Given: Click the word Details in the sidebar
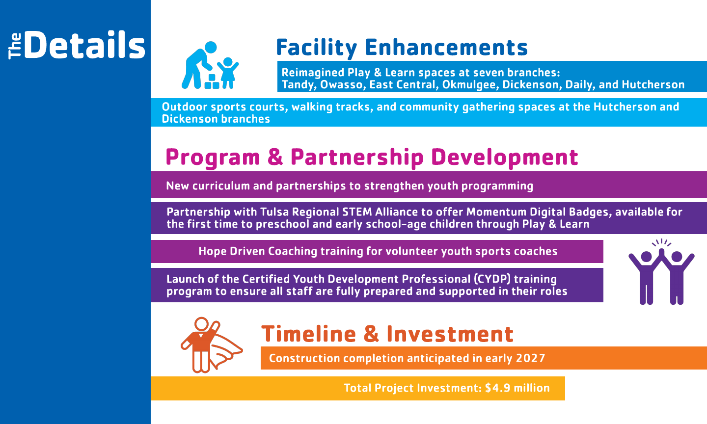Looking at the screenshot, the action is coord(84,45).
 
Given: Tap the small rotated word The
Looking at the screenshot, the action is coord(15,46).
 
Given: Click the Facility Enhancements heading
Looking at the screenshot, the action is coord(402,48).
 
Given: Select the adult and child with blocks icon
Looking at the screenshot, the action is coord(210,65).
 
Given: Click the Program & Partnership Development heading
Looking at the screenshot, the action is coord(372,158).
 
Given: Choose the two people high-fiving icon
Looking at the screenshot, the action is coord(661,272).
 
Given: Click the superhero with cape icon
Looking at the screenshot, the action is coord(212,345).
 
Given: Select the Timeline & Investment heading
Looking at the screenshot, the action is coord(387,334).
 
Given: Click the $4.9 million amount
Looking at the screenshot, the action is coord(517,388).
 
